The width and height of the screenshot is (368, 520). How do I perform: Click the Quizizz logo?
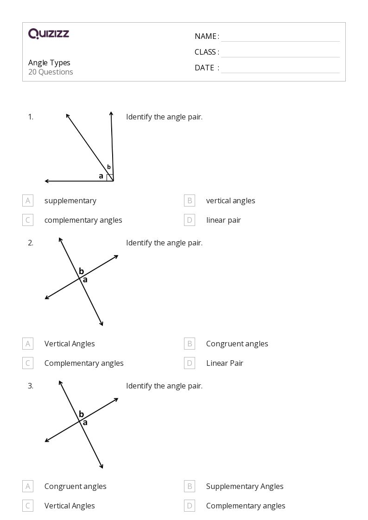[x=49, y=33]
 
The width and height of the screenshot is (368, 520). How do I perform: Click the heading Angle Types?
[x=49, y=63]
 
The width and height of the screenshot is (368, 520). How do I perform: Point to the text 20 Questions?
[x=51, y=72]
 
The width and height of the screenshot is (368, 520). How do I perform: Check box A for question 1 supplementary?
[x=28, y=200]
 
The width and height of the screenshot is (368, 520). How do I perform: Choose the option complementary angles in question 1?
[x=83, y=220]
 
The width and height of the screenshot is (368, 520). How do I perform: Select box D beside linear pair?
[x=189, y=220]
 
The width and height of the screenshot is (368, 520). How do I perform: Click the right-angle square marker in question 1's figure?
[x=110, y=178]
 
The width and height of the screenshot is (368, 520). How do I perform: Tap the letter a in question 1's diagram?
[x=101, y=176]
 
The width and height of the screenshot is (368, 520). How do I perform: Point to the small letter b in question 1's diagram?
[x=109, y=167]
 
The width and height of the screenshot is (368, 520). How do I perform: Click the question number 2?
[x=31, y=243]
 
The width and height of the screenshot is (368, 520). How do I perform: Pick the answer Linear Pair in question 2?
[x=224, y=363]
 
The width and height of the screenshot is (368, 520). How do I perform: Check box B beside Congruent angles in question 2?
[x=189, y=344]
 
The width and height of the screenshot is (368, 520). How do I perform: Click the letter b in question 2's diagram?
[x=81, y=271]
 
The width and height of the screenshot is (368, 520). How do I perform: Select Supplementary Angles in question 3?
[x=244, y=486]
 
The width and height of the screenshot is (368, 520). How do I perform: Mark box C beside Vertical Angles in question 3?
[x=28, y=506]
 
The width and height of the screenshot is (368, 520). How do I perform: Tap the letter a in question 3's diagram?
[x=85, y=422]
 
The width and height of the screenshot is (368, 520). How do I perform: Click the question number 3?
[x=31, y=386]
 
